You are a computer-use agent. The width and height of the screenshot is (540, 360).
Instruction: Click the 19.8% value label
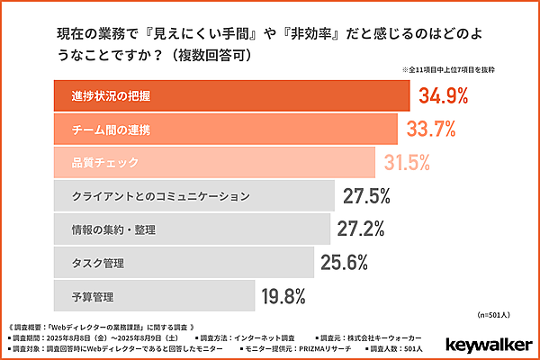[282, 296]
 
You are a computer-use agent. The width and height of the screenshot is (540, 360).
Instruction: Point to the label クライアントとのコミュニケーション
[160, 196]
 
